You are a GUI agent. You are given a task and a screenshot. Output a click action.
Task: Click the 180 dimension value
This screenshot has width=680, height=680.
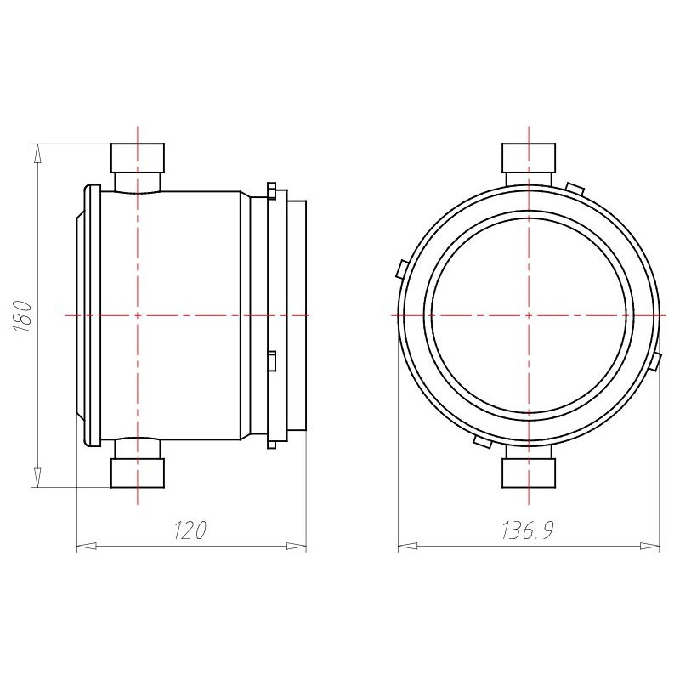click(23, 315)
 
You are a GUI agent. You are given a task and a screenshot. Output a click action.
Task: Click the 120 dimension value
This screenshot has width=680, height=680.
click(190, 530)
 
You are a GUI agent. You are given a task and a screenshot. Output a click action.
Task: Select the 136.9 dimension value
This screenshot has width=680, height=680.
click(528, 530)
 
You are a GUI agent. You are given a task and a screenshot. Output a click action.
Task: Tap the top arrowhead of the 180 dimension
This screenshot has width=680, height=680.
click(38, 154)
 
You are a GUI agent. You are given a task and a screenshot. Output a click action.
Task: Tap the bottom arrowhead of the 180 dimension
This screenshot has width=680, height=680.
click(38, 477)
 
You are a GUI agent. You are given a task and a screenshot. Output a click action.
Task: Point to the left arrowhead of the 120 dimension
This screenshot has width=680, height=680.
click(87, 546)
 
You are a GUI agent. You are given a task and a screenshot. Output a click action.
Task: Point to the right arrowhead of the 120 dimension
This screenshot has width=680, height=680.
click(297, 546)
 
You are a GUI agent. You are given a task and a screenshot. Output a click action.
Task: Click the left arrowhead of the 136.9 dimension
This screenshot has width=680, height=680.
click(408, 546)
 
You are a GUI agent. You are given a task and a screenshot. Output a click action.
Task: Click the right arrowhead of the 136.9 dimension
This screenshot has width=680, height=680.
click(649, 546)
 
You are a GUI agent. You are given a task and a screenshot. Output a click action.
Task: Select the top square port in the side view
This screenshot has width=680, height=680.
click(138, 158)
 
